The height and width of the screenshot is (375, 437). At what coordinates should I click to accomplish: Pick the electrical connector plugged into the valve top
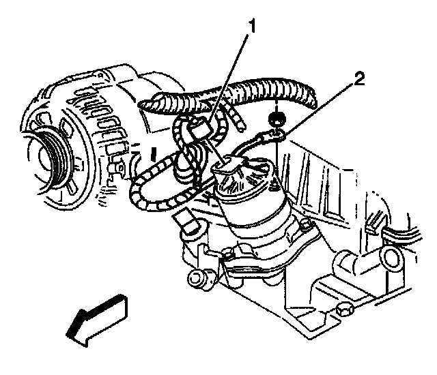pyautogui.click(x=229, y=164)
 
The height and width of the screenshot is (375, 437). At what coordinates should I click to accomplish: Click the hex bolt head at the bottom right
pyautogui.click(x=343, y=311)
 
